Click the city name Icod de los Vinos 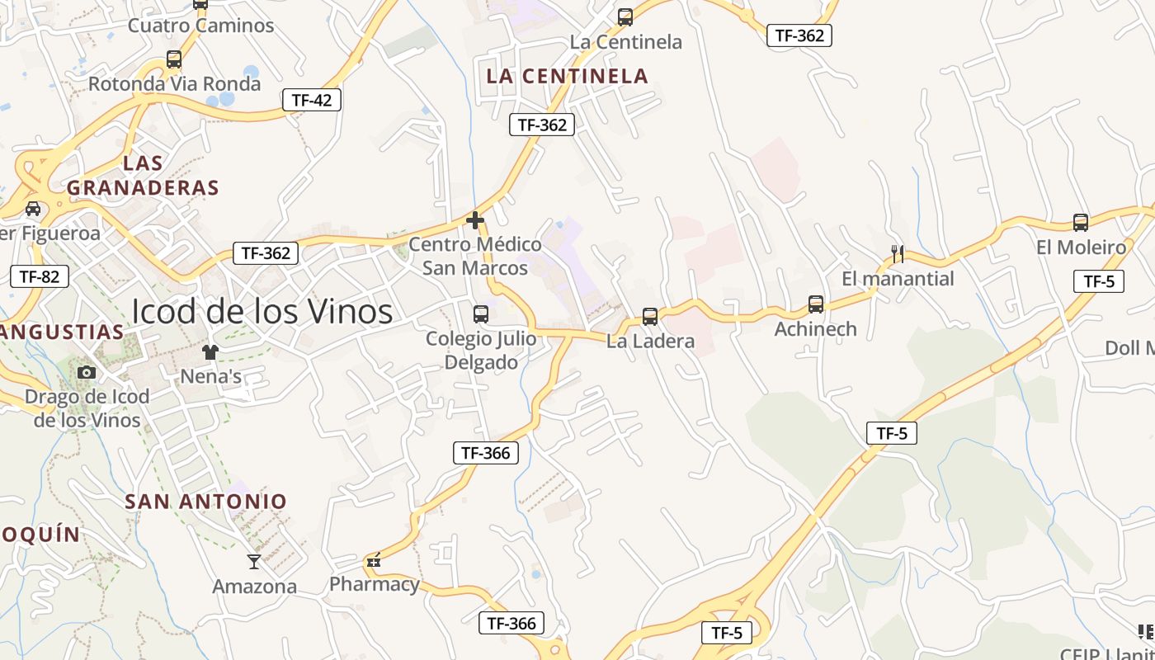click(262, 312)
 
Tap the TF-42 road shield click(312, 101)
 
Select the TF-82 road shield click(40, 276)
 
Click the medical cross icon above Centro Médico click(475, 220)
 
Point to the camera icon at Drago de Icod click(87, 373)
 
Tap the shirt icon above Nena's click(210, 353)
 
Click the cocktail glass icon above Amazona click(254, 562)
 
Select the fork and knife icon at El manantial click(898, 254)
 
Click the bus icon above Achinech click(816, 304)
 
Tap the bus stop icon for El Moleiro click(1081, 223)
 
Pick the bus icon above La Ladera click(650, 317)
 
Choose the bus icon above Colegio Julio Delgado click(481, 314)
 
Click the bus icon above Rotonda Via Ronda click(174, 59)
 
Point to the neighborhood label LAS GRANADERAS click(143, 175)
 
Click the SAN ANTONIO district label click(206, 502)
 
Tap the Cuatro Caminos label click(200, 26)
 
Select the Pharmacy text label click(375, 585)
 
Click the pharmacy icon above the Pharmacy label click(374, 562)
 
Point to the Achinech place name click(816, 329)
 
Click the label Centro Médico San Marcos click(475, 257)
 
